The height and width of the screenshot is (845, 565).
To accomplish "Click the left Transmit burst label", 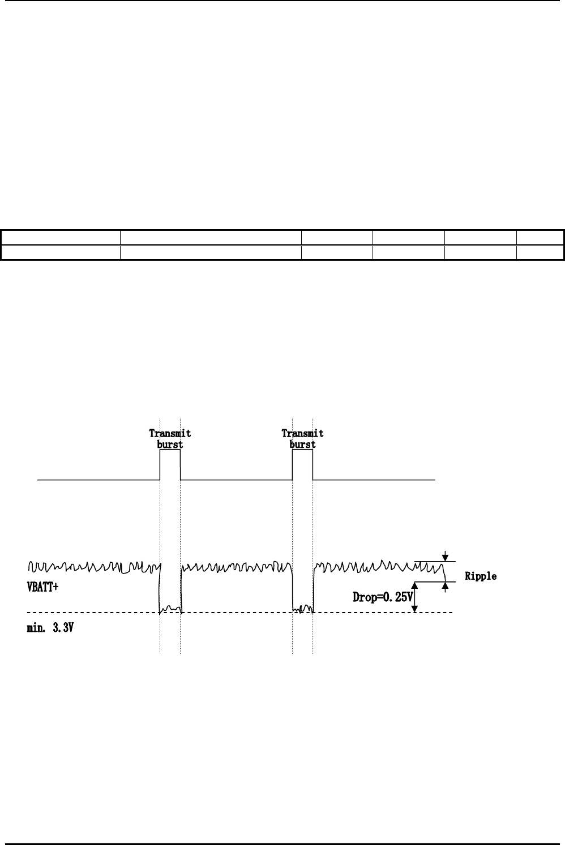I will pyautogui.click(x=170, y=439).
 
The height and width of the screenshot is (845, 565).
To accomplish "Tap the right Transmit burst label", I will pyautogui.click(x=302, y=439).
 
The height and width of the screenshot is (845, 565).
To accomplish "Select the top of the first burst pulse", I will pyautogui.click(x=170, y=451).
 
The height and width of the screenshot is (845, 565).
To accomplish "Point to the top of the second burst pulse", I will pyautogui.click(x=302, y=451).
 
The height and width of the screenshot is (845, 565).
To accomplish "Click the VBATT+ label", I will pyautogui.click(x=43, y=587).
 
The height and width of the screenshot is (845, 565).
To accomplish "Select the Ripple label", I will pyautogui.click(x=481, y=576).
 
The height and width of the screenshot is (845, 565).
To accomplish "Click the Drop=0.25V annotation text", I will pyautogui.click(x=383, y=597).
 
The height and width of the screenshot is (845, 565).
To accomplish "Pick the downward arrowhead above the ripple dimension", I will pyautogui.click(x=446, y=557).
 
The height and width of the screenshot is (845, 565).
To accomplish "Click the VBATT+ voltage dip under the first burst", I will pyautogui.click(x=170, y=609).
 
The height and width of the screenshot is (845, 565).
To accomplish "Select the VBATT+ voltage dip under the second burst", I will pyautogui.click(x=302, y=609).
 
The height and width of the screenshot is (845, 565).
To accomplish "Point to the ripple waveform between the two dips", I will pyautogui.click(x=236, y=566).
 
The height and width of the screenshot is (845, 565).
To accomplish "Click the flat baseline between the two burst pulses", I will pyautogui.click(x=236, y=480).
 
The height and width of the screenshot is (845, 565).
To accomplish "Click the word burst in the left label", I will pyautogui.click(x=170, y=445).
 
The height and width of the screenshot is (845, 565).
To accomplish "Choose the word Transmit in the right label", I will pyautogui.click(x=302, y=433).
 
